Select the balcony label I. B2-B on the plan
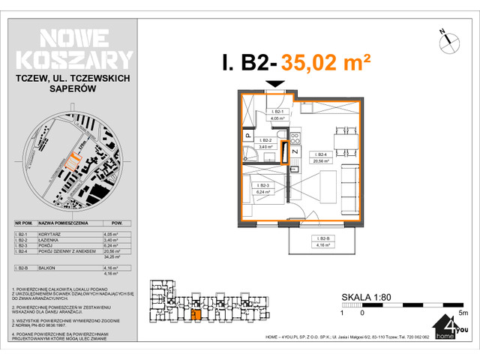323,241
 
